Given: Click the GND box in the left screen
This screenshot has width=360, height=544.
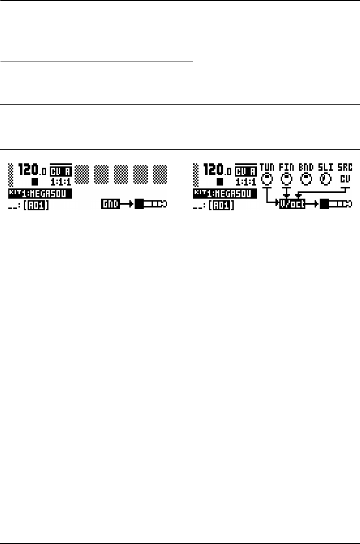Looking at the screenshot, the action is (x=110, y=205).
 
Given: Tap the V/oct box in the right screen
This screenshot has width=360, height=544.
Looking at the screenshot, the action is (x=292, y=205).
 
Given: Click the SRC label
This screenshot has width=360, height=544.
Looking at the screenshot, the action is (x=345, y=168).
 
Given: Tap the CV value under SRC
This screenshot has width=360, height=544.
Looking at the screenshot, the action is (x=345, y=178).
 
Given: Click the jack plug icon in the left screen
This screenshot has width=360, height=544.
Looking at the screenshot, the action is (x=151, y=205).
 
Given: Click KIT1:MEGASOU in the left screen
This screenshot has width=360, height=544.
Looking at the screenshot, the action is (x=40, y=194).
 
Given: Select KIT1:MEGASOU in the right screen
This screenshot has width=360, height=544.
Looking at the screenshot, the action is (x=224, y=194).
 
